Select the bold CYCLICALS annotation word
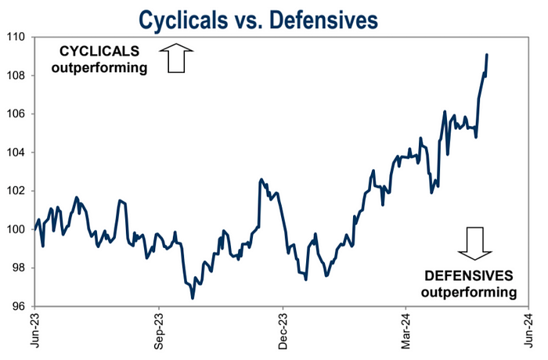pyautogui.click(x=100, y=52)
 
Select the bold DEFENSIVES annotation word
pyautogui.click(x=468, y=275)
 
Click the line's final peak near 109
pyautogui.click(x=487, y=55)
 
